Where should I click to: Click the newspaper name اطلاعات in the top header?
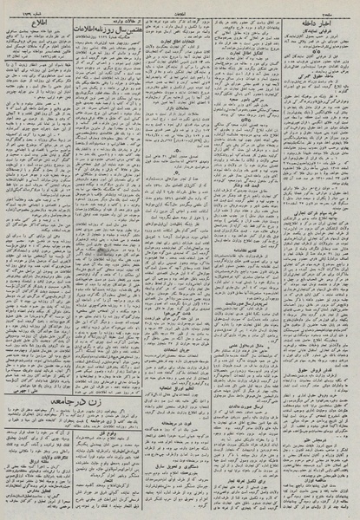click(180, 6)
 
